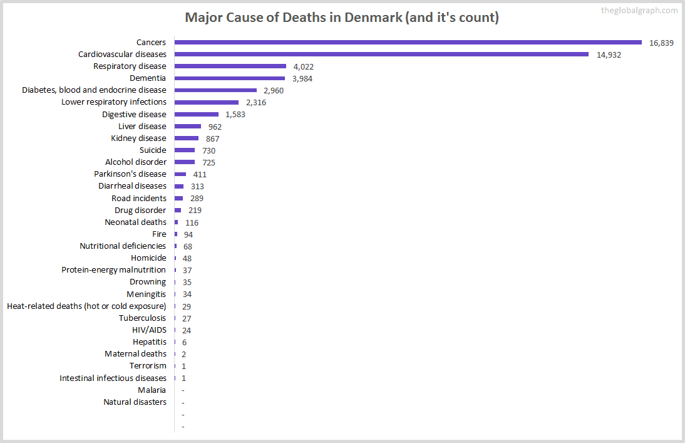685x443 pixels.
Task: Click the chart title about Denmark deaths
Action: pos(342,18)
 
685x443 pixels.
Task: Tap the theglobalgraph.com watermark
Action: pos(639,10)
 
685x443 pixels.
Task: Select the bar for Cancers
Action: pos(408,43)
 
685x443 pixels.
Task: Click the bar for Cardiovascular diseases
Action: pos(381,55)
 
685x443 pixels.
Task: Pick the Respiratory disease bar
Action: pos(230,66)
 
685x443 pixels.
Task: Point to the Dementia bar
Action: pos(229,78)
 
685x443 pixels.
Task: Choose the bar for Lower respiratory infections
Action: pos(206,102)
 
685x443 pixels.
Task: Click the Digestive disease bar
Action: pos(196,114)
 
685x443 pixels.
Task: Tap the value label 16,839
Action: pos(661,43)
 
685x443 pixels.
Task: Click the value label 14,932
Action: pos(609,55)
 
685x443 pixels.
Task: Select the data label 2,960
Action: pos(274,90)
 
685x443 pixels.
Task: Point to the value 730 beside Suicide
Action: pos(209,150)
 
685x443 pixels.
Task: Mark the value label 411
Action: pos(200,174)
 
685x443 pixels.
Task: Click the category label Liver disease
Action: pos(142,126)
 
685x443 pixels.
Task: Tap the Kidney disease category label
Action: pos(138,138)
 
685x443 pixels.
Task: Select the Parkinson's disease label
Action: pos(130,174)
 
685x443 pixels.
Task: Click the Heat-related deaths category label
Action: pos(86,306)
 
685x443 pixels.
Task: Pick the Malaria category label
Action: pos(152,390)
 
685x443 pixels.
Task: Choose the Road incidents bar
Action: pos(178,198)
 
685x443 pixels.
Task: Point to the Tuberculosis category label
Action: pos(143,318)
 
